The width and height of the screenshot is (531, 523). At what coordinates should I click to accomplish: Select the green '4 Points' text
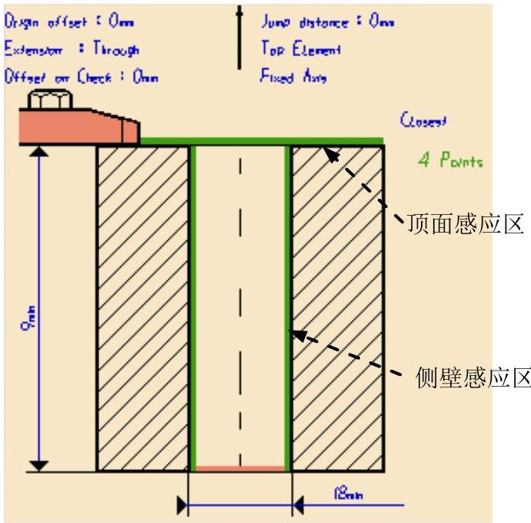point(450,163)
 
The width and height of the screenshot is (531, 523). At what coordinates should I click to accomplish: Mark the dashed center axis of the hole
point(240,308)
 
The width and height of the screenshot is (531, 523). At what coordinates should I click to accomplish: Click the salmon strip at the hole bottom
point(240,468)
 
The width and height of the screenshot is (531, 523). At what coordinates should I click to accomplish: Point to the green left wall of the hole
point(193,308)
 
